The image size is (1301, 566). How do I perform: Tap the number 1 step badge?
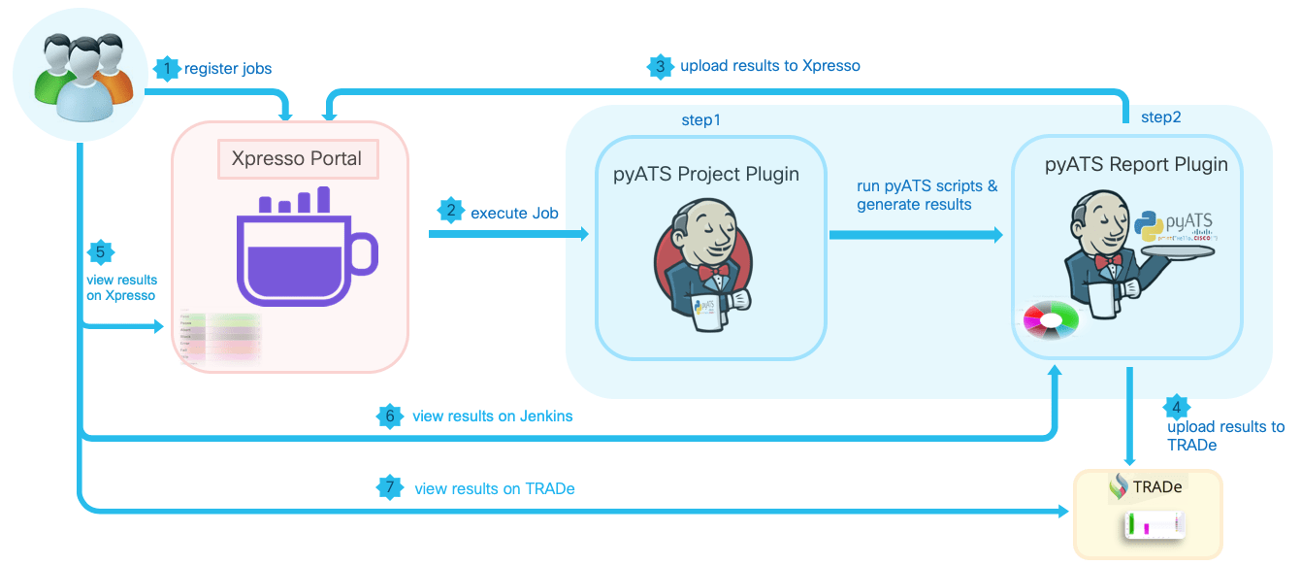[168, 69]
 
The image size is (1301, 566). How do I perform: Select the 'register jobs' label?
[228, 69]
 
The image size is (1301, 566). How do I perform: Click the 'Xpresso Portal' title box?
[297, 158]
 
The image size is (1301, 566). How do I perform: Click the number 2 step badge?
[449, 211]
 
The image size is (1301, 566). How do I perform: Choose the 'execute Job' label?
[514, 212]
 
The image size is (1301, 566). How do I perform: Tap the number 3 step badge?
[660, 66]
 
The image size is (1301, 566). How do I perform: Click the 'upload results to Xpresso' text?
[770, 66]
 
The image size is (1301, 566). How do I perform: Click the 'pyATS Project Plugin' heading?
[706, 175]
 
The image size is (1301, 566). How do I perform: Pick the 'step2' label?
[1160, 117]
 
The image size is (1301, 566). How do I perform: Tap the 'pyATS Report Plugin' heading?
[1136, 164]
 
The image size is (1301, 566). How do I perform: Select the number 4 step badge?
[1177, 408]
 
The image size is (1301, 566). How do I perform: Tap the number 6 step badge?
[390, 416]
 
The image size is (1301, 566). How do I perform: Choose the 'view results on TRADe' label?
[494, 488]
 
